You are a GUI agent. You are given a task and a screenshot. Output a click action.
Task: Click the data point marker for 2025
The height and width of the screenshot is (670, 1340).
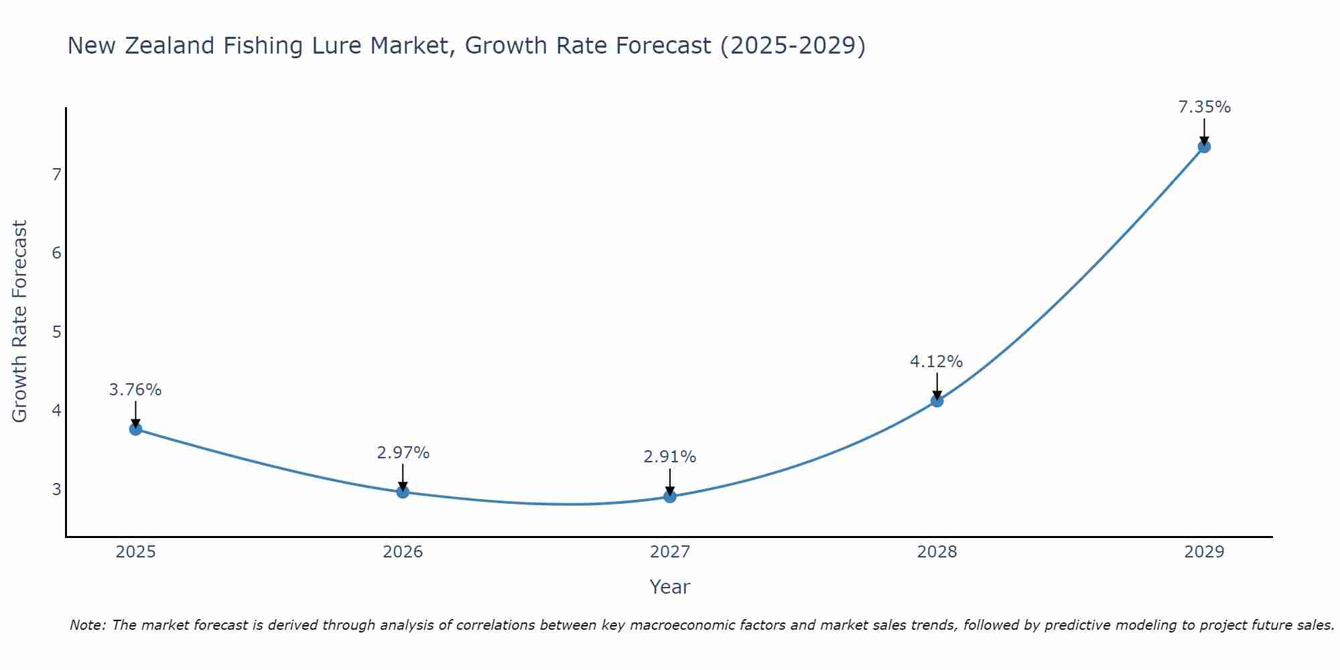(x=135, y=429)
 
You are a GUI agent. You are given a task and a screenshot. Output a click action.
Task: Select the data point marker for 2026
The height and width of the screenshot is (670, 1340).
(x=403, y=492)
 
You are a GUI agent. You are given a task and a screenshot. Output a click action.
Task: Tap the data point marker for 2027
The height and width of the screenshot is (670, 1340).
(x=670, y=496)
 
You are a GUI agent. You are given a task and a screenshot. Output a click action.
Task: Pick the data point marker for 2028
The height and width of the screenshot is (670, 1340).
(x=937, y=401)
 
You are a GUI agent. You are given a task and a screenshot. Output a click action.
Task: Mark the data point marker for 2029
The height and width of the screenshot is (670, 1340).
(x=1204, y=147)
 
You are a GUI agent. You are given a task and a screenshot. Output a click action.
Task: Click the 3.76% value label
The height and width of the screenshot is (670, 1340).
(x=135, y=390)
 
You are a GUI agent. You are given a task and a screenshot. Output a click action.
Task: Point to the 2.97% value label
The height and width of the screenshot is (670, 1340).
(x=403, y=453)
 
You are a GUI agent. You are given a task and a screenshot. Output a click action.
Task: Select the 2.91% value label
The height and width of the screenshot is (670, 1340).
(x=670, y=457)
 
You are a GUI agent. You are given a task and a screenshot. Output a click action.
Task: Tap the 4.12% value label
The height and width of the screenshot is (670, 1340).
(x=937, y=362)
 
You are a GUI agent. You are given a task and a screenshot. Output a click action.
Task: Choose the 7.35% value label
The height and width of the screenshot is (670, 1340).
(x=1204, y=107)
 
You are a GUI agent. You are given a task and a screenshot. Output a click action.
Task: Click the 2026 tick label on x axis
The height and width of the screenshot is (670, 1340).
(x=403, y=552)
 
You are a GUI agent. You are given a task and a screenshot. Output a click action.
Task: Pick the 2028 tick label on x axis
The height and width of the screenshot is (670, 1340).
(x=937, y=552)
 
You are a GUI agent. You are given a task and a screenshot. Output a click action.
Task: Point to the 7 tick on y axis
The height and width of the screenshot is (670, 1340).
(x=56, y=175)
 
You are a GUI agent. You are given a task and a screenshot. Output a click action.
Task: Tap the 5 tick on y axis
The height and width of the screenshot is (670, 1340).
(x=56, y=332)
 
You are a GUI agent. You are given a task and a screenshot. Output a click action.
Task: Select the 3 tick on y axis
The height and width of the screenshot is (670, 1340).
(x=56, y=490)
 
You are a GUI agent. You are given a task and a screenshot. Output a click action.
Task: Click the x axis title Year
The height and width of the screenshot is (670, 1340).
(x=670, y=587)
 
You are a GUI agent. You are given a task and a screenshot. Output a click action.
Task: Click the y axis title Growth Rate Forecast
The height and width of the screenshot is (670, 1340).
(x=20, y=322)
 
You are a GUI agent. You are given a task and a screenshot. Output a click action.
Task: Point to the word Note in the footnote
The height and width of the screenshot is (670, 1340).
(x=88, y=625)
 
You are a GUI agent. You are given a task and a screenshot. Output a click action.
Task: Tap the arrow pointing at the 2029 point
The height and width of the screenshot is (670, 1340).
(x=1204, y=131)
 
